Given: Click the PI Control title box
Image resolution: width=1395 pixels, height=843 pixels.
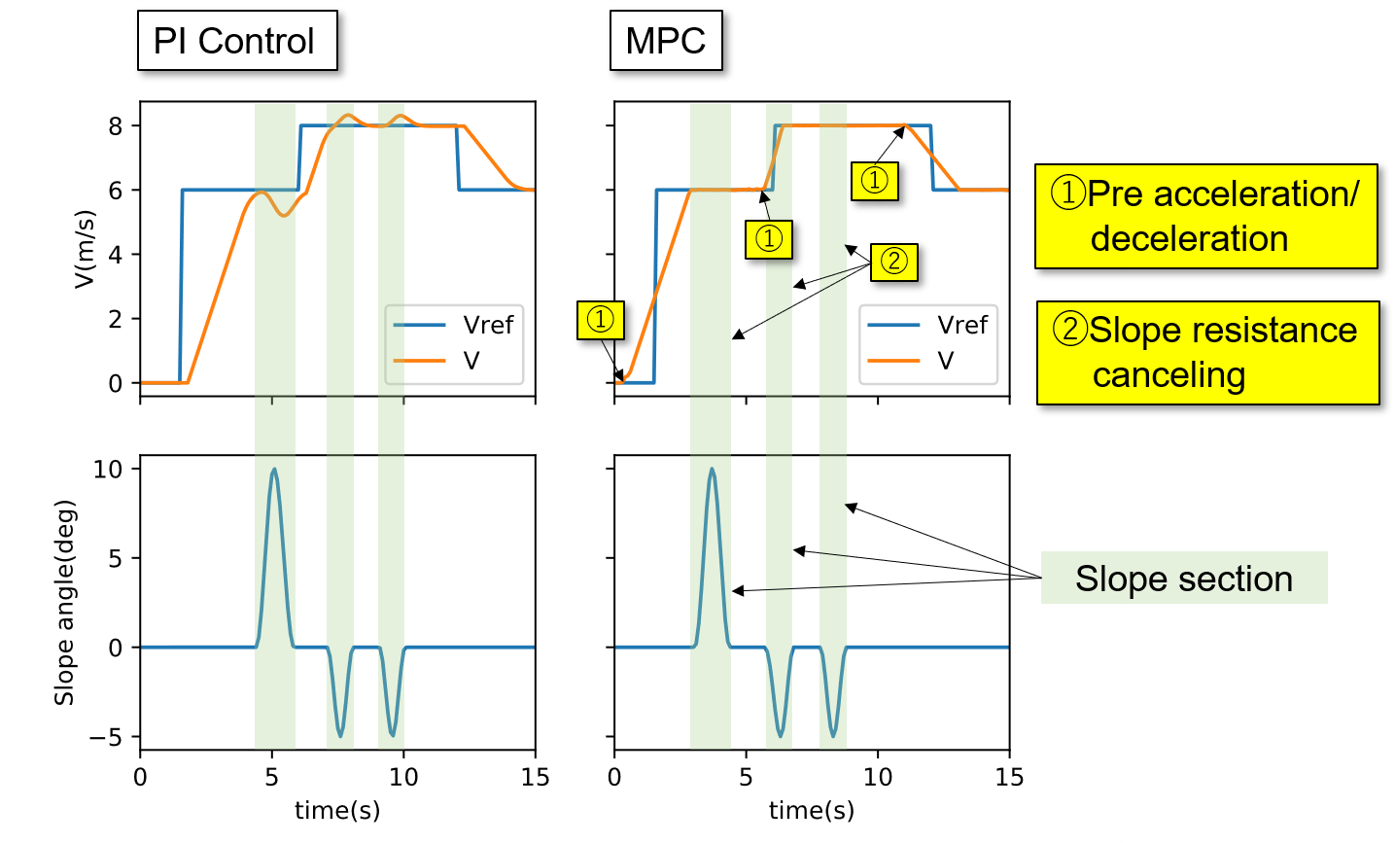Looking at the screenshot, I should coord(237,41).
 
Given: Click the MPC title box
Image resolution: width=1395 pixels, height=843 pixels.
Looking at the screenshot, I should coord(666,41).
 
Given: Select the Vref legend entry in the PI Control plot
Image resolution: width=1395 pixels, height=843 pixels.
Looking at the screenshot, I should coord(454,325).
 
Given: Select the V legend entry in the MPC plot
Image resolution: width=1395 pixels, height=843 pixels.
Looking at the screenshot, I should coord(928,361).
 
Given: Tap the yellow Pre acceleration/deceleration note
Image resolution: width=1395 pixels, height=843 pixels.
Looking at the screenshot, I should coord(1205,216).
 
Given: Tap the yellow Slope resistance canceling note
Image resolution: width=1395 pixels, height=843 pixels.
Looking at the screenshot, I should coord(1206,352).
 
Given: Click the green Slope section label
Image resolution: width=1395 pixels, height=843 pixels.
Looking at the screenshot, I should coord(1183,579).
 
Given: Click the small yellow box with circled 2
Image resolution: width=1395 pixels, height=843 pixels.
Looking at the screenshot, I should coord(893,261).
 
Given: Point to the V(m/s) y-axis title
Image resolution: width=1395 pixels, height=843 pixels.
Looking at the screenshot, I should coord(86,248).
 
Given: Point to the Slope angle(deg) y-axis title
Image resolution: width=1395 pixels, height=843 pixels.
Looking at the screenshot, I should coord(64,603).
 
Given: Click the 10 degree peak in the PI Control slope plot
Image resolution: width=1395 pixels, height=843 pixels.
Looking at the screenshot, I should coord(274,470).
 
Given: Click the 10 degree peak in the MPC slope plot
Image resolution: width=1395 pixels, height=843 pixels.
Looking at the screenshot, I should coord(713,470).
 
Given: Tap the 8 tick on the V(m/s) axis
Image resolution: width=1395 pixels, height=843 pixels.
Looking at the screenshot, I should coord(116,126).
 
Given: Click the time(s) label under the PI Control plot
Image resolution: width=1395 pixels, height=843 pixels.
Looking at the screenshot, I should coord(337,810).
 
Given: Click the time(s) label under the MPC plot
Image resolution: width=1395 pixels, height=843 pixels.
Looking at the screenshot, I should coord(812,810).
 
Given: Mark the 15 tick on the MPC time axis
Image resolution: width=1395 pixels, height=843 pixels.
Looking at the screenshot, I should coord(1009,777).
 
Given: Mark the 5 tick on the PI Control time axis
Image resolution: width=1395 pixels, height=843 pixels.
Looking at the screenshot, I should coord(271,777).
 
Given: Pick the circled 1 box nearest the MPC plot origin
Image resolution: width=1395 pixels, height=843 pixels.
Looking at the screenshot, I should coord(600,320).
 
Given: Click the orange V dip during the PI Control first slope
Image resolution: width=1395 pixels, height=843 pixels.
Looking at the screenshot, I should coord(283,215).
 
